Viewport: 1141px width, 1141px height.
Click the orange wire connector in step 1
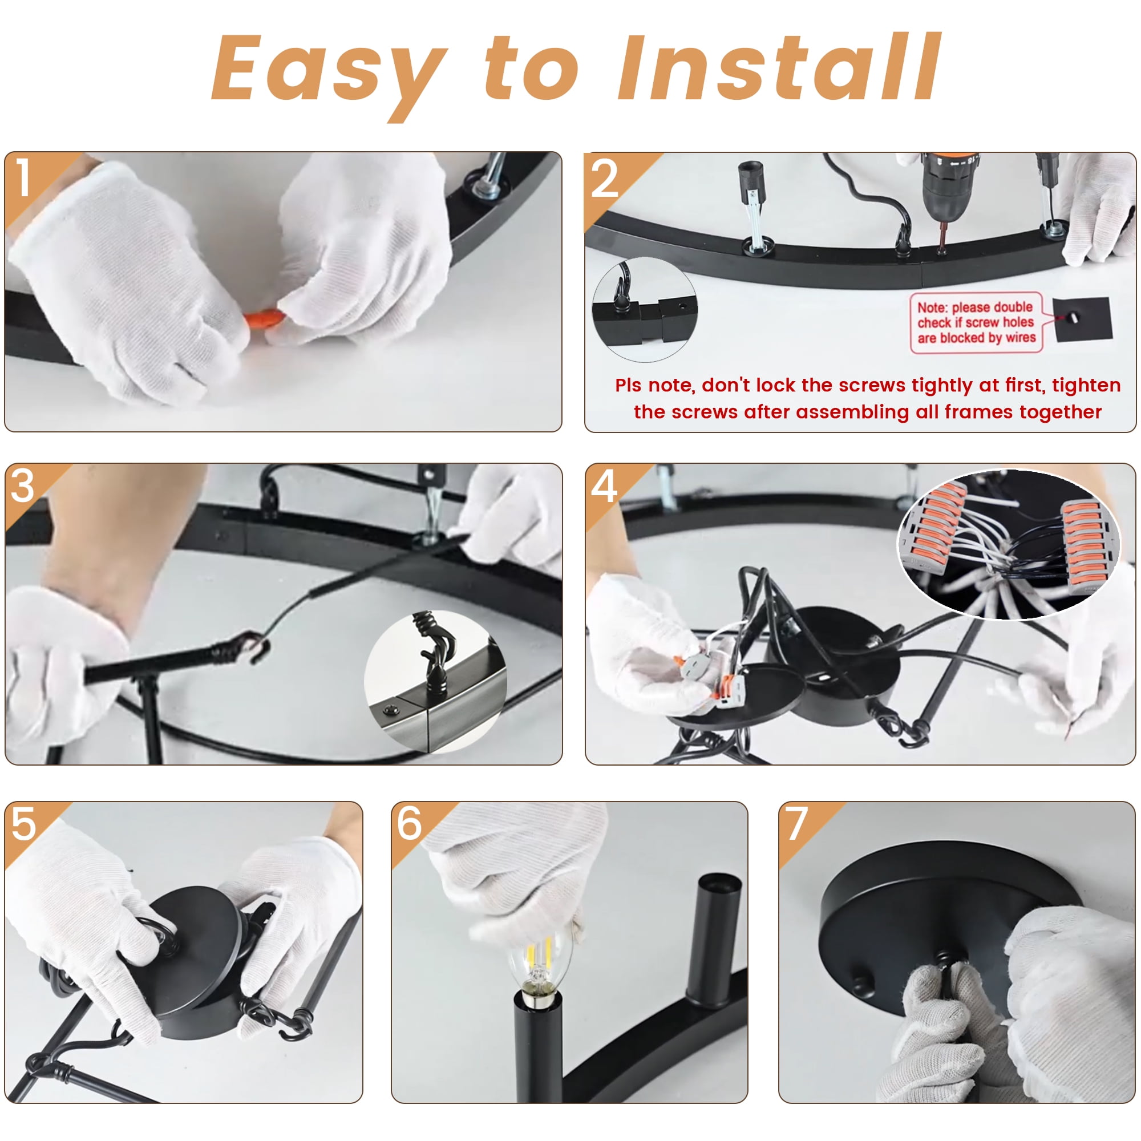(x=264, y=319)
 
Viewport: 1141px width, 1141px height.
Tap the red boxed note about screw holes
(x=976, y=322)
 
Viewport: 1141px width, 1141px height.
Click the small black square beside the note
(x=1083, y=319)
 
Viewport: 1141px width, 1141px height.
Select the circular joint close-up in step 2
(x=644, y=309)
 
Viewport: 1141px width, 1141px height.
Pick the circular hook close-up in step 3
(x=435, y=682)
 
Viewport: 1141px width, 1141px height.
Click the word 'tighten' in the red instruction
(x=1086, y=386)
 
